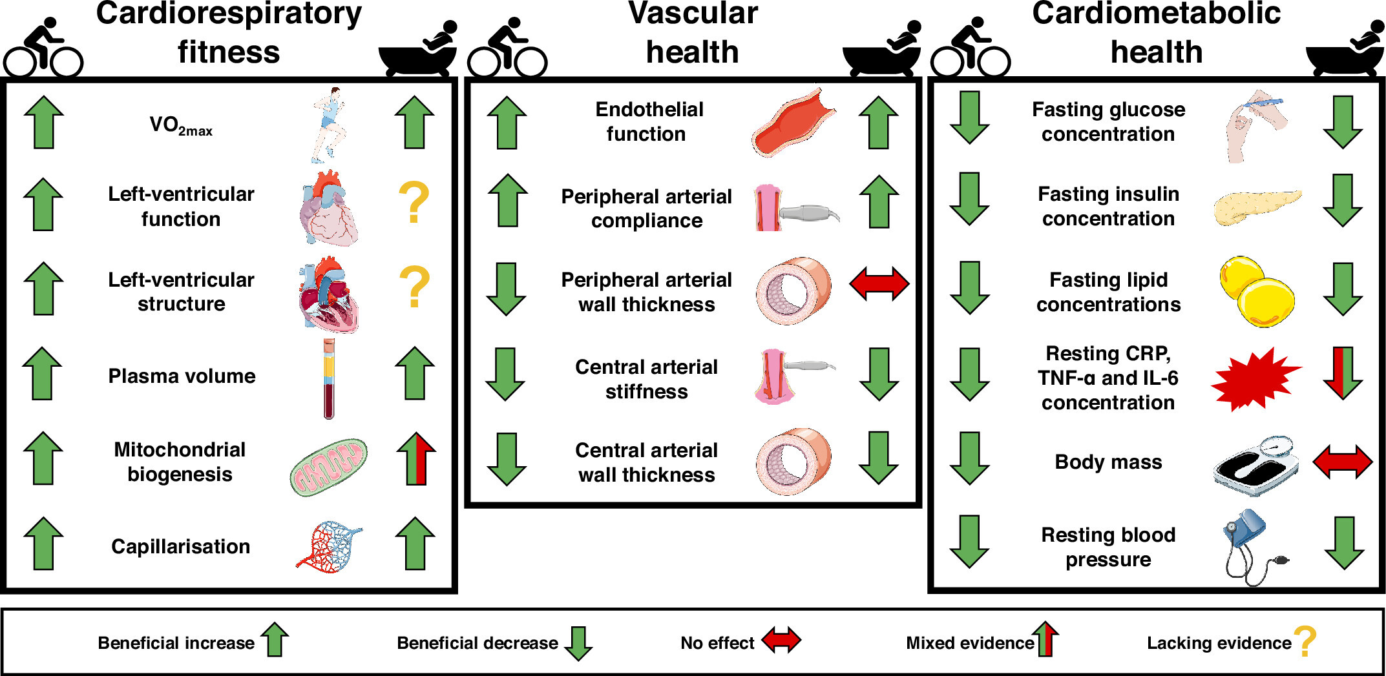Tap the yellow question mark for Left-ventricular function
414,202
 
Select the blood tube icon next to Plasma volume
330,379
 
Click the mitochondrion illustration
329,467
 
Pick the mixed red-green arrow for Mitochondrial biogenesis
417,458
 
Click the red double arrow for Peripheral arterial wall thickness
879,283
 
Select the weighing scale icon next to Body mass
1256,466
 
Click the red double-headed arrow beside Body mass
1343,462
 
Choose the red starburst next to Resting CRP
1255,380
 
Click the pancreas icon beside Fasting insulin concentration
1257,207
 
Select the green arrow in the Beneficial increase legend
275,639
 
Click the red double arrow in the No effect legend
781,640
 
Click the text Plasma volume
182,376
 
